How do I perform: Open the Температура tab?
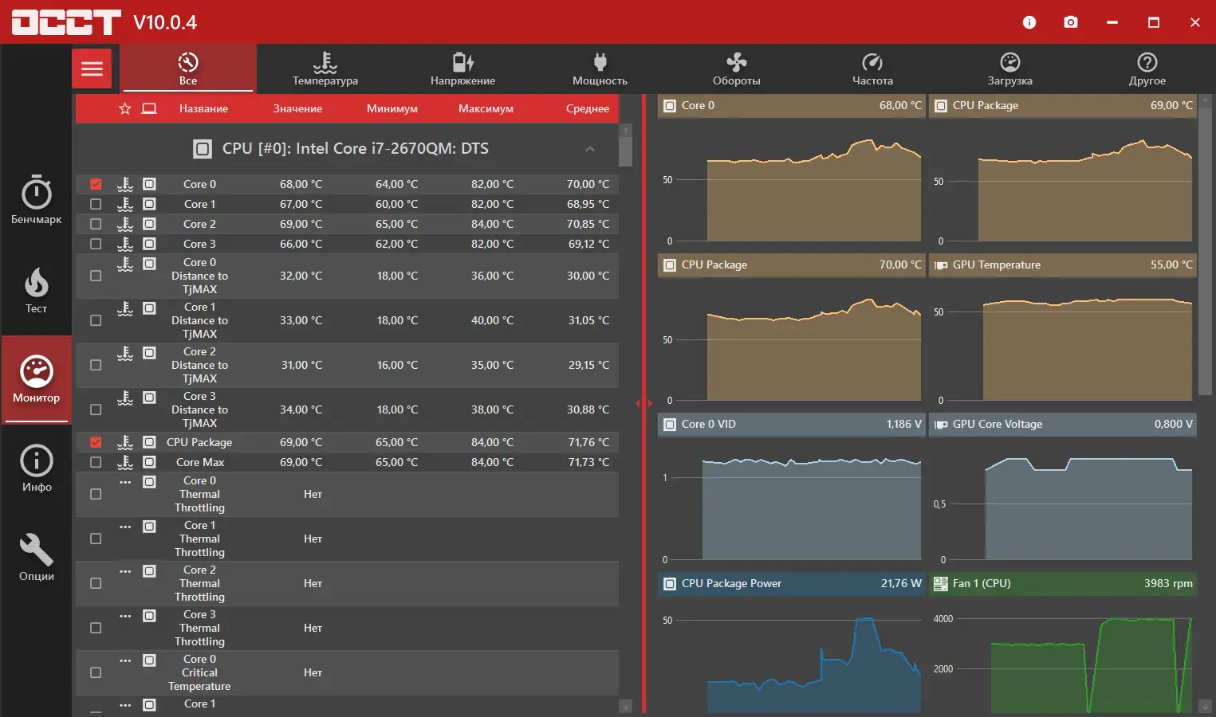coord(325,69)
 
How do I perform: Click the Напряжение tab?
coord(462,69)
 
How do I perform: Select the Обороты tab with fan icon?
coord(736,69)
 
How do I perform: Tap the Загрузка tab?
coord(1009,69)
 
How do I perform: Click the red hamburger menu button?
coord(92,69)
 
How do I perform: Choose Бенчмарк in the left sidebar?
coord(36,200)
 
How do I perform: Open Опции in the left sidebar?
coord(36,557)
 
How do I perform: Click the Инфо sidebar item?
coord(36,468)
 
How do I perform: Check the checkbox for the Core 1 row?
coord(96,204)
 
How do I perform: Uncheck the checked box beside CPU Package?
coord(96,442)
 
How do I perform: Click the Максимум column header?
coord(486,108)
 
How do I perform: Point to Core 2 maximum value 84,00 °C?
coord(492,224)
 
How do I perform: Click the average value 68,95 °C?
coord(588,204)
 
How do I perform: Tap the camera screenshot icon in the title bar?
coord(1071,22)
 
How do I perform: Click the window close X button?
coord(1194,22)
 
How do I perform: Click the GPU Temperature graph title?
coord(996,264)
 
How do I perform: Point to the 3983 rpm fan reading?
coord(1168,583)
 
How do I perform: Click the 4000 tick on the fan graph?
coord(943,619)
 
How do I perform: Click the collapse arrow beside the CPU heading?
coord(590,149)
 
